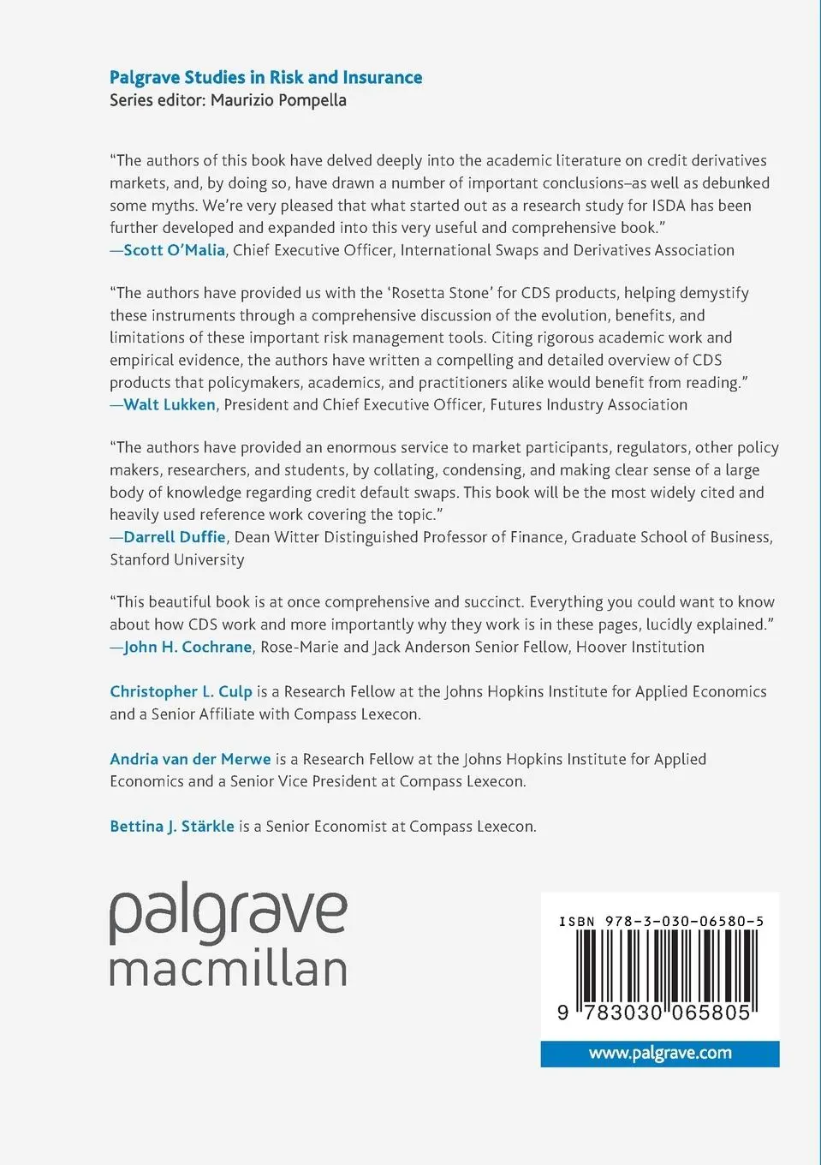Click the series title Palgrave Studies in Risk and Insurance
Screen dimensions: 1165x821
click(265, 77)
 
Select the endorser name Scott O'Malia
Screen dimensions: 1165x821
click(174, 250)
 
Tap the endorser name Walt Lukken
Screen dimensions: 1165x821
click(170, 404)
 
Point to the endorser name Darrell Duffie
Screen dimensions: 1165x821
click(175, 537)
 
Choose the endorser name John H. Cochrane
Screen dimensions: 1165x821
click(187, 647)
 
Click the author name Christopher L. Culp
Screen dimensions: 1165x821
click(181, 691)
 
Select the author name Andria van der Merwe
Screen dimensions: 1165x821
click(190, 759)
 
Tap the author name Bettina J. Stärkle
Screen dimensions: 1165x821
click(172, 827)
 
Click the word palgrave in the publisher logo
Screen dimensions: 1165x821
click(228, 914)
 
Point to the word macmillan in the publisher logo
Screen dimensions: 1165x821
click(228, 969)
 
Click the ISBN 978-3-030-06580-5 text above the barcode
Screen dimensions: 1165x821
click(661, 922)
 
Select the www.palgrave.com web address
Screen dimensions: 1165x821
click(660, 1053)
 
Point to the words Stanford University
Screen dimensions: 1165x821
click(177, 559)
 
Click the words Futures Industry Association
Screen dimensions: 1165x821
click(588, 404)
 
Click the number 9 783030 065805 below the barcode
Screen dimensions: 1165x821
click(654, 1013)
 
